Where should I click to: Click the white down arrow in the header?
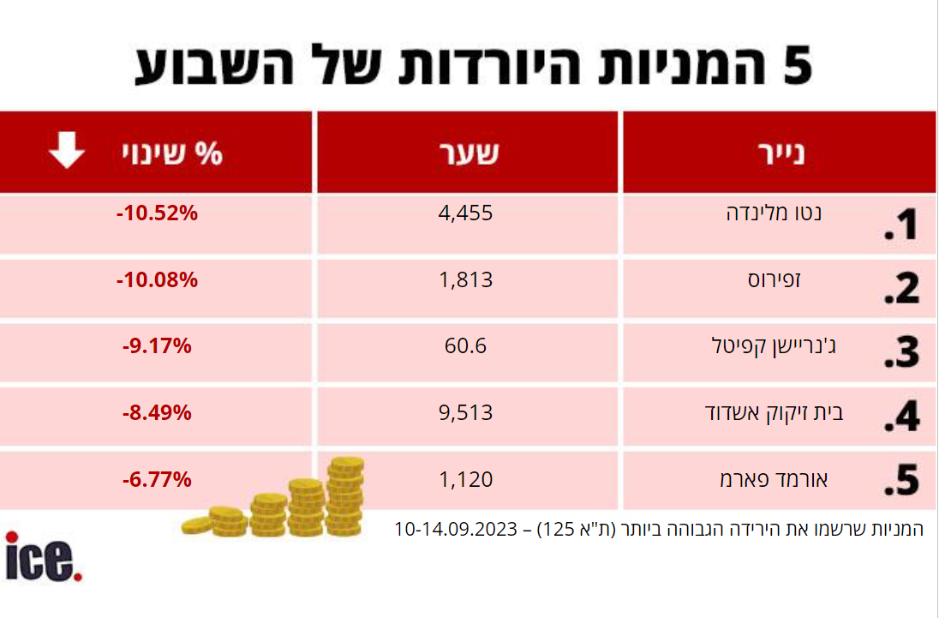(66, 153)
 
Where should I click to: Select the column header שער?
(467, 153)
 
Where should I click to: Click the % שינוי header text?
(170, 153)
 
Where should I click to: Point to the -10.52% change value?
(158, 214)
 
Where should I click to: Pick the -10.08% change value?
(158, 280)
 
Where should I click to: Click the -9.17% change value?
(158, 347)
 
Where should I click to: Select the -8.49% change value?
(158, 413)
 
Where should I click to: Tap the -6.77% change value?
(158, 480)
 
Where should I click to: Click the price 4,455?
(466, 213)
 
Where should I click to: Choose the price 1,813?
(466, 279)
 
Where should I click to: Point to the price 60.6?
(466, 346)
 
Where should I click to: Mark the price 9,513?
(466, 413)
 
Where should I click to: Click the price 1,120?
(466, 479)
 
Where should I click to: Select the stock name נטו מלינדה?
(774, 213)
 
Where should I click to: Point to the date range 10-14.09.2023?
(456, 529)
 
